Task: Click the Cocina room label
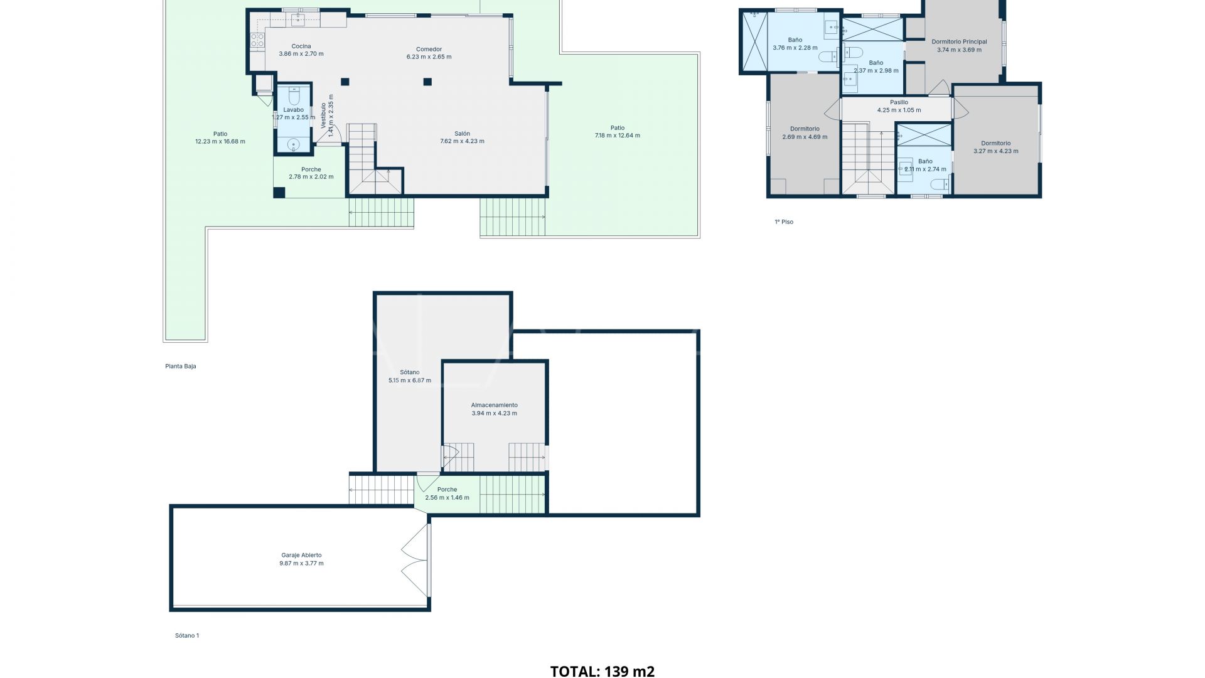pyautogui.click(x=301, y=46)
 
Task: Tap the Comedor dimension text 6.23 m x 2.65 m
pyautogui.click(x=429, y=57)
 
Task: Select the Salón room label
pyautogui.click(x=462, y=134)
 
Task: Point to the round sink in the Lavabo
pyautogui.click(x=293, y=145)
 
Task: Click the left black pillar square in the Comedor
pyautogui.click(x=345, y=82)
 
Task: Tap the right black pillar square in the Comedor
pyautogui.click(x=427, y=82)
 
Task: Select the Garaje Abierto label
pyautogui.click(x=301, y=555)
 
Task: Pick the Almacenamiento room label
pyautogui.click(x=494, y=405)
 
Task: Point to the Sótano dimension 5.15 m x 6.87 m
pyautogui.click(x=409, y=380)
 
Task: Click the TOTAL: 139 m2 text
pyautogui.click(x=602, y=671)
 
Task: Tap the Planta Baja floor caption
pyautogui.click(x=181, y=366)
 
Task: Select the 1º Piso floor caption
pyautogui.click(x=783, y=222)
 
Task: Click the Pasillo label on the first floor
pyautogui.click(x=899, y=102)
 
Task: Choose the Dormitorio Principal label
pyautogui.click(x=959, y=41)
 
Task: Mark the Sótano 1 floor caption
pyautogui.click(x=186, y=635)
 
